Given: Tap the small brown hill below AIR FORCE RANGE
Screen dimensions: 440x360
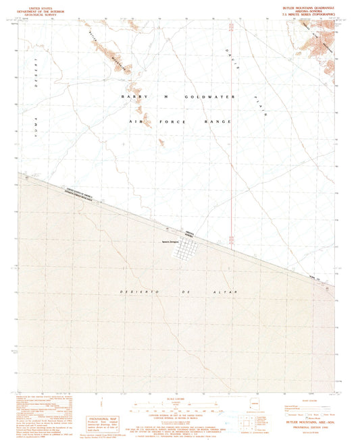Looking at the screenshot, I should (161, 142).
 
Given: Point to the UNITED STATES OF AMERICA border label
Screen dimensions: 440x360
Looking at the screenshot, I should (79, 192).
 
